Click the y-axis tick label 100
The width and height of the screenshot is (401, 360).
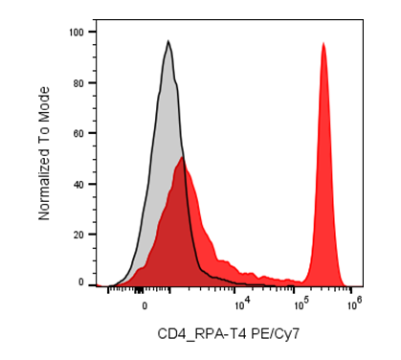77,32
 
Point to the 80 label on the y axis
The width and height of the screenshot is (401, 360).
78,83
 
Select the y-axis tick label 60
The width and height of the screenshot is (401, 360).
78,133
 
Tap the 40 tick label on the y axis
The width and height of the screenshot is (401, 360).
78,184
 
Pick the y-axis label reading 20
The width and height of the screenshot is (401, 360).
78,235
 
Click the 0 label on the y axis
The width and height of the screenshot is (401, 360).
81,282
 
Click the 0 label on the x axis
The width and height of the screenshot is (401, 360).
145,305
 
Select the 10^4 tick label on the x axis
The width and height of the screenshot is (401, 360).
241,304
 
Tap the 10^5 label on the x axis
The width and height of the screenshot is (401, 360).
301,304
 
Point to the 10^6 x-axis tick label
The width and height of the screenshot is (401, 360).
354,304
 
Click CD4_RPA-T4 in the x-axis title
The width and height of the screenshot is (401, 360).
202,335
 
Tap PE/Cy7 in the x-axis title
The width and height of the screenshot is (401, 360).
276,334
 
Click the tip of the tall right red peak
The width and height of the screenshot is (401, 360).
323,42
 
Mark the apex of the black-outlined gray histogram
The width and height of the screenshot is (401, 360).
168,40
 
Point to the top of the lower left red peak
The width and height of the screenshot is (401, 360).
182,157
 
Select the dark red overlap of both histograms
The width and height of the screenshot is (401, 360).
175,230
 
